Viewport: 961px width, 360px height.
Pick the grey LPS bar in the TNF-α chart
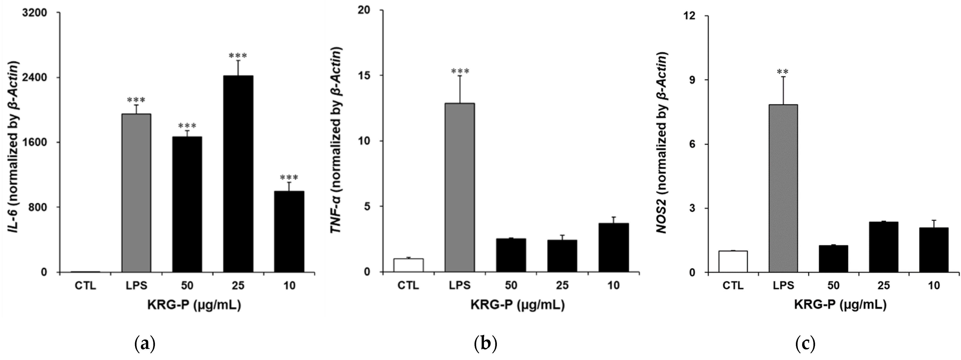[x=460, y=187]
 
